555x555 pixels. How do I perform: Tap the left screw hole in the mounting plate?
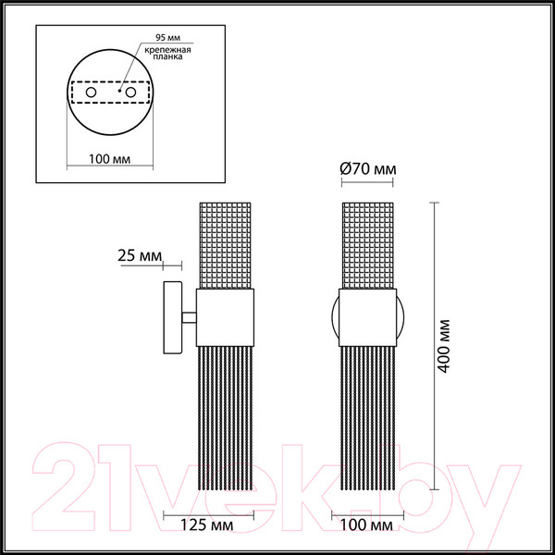tap(91, 93)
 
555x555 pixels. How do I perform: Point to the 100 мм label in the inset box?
tap(108, 158)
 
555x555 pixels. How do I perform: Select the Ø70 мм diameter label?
tap(367, 169)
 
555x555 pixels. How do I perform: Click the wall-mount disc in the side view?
tap(171, 317)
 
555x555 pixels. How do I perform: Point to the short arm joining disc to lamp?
tap(190, 317)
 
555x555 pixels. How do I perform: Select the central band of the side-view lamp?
tap(228, 317)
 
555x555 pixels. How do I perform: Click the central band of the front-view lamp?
tap(368, 317)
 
